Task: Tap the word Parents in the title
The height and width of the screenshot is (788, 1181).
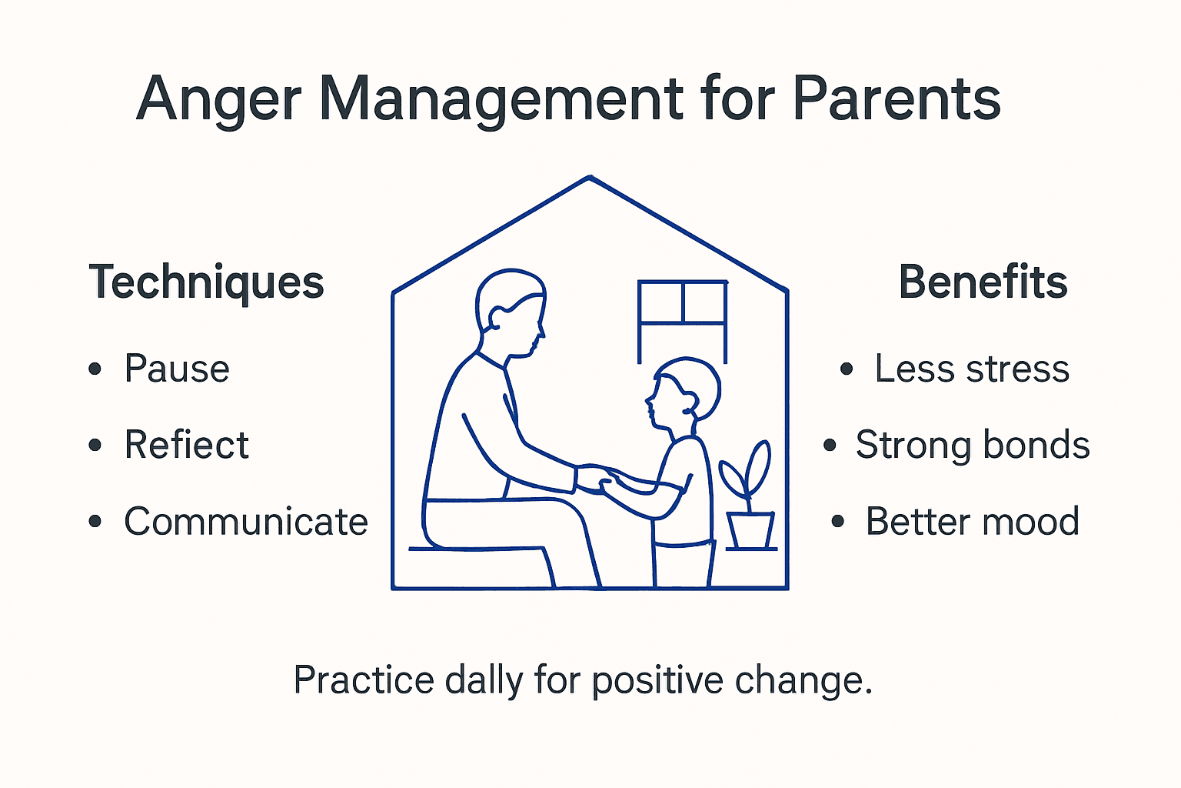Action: point(896,98)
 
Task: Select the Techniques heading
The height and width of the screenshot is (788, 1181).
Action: point(206,282)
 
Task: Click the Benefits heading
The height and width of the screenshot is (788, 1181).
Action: point(983,282)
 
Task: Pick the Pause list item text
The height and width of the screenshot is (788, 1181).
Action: point(177,369)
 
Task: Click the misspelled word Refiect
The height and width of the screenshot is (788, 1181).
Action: point(187,445)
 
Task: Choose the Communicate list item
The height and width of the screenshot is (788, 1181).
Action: point(246,522)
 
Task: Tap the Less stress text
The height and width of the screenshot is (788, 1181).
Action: point(972,369)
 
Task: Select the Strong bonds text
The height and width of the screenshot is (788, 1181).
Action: point(973,445)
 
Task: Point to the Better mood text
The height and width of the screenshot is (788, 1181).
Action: point(973,522)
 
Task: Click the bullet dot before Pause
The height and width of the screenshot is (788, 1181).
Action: point(95,369)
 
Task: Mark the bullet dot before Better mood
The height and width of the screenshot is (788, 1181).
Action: point(838,523)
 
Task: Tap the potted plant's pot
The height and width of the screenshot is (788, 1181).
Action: point(750,530)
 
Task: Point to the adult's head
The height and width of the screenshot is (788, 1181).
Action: point(511,312)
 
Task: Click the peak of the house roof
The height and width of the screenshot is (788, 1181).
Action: point(590,179)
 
